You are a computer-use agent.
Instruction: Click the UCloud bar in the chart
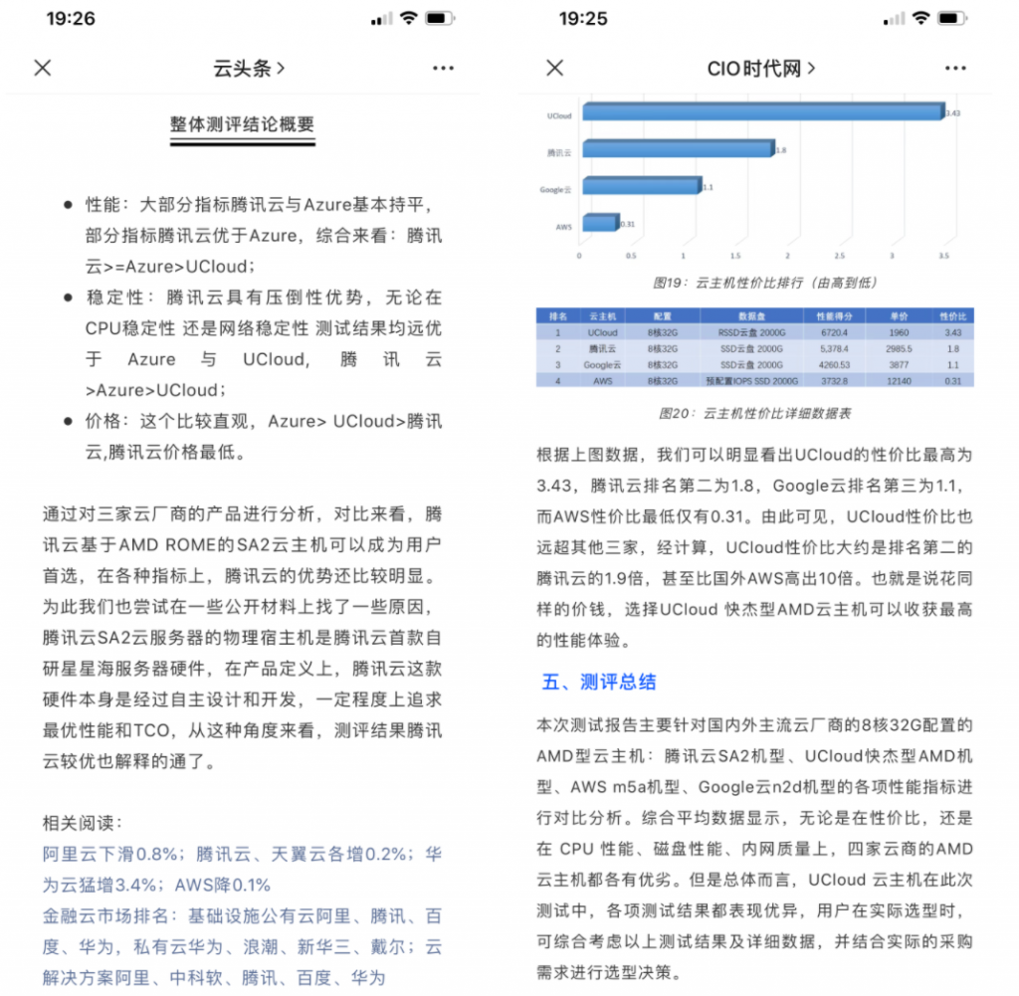point(761,110)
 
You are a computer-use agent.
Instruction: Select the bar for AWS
point(600,222)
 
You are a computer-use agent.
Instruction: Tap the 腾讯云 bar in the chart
point(678,148)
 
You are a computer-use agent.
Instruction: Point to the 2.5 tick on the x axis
point(840,256)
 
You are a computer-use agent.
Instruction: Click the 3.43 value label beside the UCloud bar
point(952,113)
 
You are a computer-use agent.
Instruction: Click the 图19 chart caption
point(765,283)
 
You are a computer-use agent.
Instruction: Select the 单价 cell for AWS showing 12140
point(899,380)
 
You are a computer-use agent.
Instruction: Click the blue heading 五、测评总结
point(599,683)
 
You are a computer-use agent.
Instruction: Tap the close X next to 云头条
point(43,68)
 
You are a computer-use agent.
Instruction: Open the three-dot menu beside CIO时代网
point(954,68)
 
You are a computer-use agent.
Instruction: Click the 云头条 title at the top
point(249,68)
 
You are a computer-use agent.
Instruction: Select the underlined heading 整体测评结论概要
point(242,125)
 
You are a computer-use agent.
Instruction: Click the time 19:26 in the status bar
point(71,19)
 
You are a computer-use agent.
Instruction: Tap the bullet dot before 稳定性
point(68,298)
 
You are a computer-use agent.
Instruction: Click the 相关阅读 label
point(84,823)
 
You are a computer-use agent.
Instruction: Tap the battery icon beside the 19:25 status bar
point(952,19)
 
